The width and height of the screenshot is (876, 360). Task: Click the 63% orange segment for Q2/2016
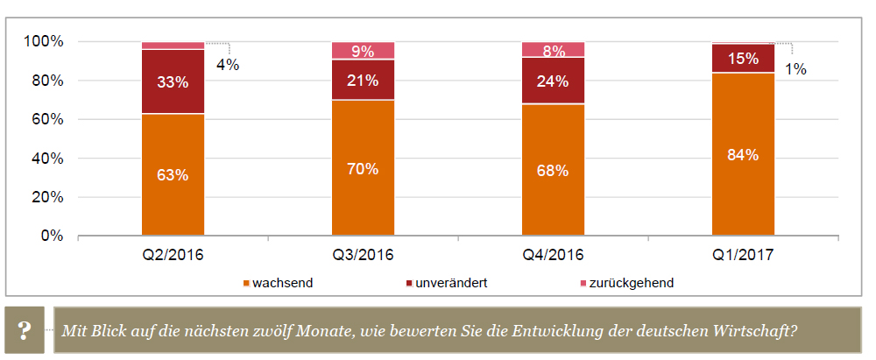click(173, 175)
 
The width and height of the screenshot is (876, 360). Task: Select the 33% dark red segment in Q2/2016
click(173, 81)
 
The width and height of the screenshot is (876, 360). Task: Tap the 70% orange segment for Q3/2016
click(363, 168)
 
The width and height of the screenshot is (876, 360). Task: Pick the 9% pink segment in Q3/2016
click(363, 51)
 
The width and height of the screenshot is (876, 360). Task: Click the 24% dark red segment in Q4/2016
click(553, 81)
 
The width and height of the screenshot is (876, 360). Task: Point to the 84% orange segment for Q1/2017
click(743, 155)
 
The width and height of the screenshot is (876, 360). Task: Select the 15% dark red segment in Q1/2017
click(743, 59)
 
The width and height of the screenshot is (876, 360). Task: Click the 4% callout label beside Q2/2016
click(228, 65)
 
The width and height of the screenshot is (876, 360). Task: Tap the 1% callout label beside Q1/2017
click(795, 69)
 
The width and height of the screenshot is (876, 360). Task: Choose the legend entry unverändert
click(451, 283)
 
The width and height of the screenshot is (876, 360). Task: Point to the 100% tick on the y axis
click(43, 42)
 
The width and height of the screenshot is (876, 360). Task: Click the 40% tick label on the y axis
click(46, 159)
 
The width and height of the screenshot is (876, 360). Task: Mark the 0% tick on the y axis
click(51, 236)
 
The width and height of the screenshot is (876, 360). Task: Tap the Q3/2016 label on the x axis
click(363, 256)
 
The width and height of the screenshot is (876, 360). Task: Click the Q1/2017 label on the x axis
click(743, 256)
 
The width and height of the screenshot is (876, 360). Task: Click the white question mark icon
click(25, 331)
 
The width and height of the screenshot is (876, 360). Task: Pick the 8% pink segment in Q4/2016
click(553, 50)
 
